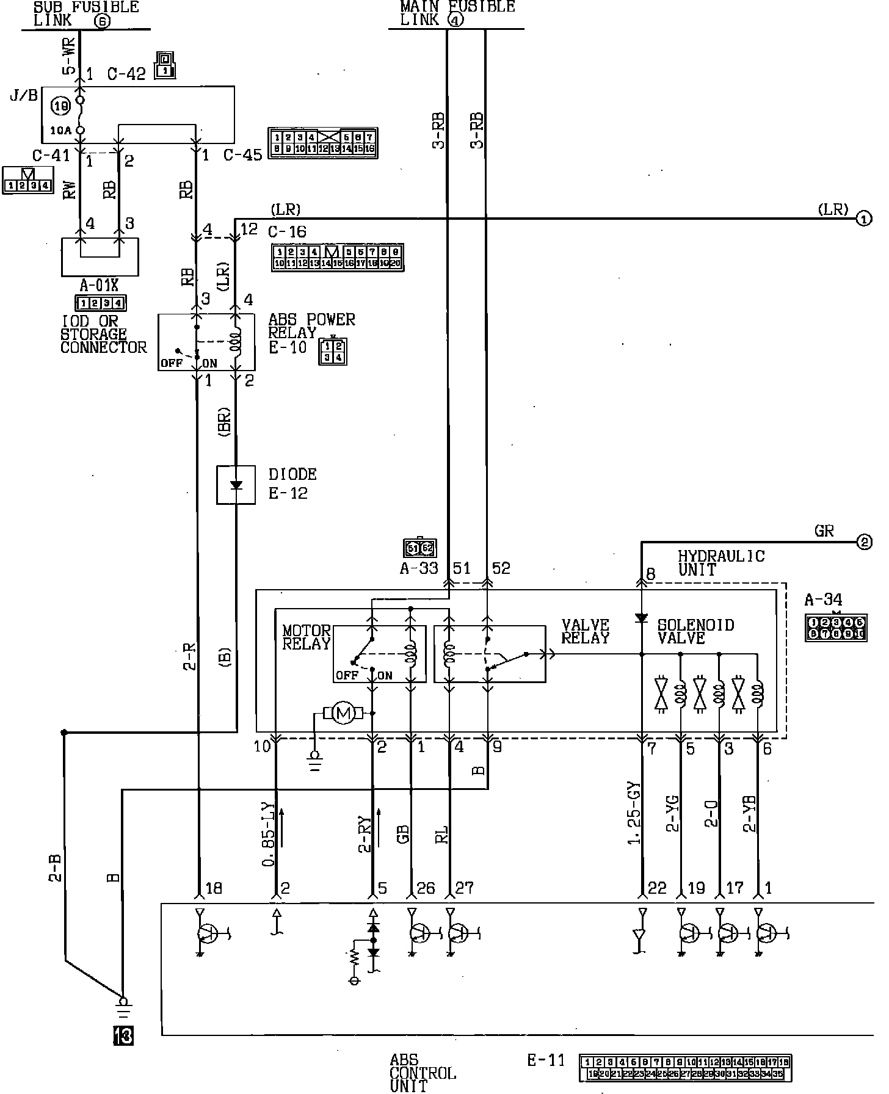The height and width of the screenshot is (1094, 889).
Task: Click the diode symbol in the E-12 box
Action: coord(236,485)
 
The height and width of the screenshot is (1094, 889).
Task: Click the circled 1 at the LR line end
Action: coord(864,219)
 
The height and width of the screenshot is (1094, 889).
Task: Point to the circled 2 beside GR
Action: coord(864,542)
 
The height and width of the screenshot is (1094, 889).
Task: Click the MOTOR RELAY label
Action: coord(307,637)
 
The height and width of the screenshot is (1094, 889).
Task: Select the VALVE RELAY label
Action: coord(586,631)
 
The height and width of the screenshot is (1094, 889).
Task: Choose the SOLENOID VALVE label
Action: coord(695,631)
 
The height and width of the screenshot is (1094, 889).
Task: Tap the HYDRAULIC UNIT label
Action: coord(720,563)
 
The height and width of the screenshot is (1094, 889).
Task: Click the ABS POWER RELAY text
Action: coord(311,326)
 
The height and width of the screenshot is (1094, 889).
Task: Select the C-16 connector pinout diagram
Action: coord(338,257)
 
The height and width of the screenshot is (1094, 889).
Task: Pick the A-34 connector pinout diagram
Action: coord(835,628)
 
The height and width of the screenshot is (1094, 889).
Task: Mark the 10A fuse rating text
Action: coord(61,130)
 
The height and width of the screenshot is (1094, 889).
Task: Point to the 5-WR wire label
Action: coord(70,57)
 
